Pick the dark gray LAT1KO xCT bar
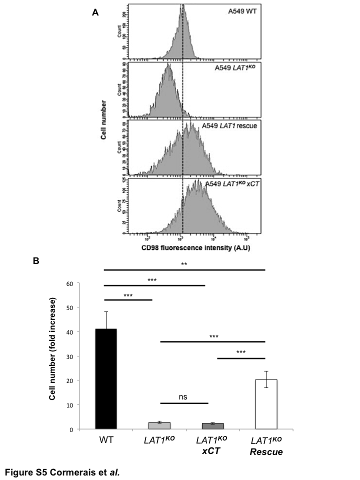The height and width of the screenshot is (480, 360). [x=202, y=426]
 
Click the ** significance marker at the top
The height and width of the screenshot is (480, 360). [x=184, y=263]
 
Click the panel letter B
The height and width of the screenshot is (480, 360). [x=35, y=260]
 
